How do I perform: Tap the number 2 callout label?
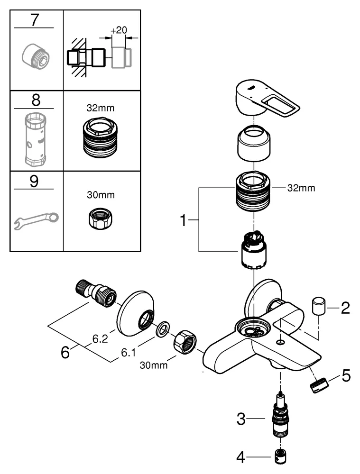pyautogui.click(x=345, y=309)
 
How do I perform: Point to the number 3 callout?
pyautogui.click(x=242, y=419)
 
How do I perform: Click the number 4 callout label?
pyautogui.click(x=242, y=458)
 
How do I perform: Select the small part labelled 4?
pyautogui.click(x=280, y=458)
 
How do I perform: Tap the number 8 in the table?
pyautogui.click(x=34, y=100)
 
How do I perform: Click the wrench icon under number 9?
pyautogui.click(x=36, y=219)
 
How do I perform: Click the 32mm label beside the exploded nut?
pyautogui.click(x=301, y=188)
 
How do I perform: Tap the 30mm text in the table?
pyautogui.click(x=102, y=194)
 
